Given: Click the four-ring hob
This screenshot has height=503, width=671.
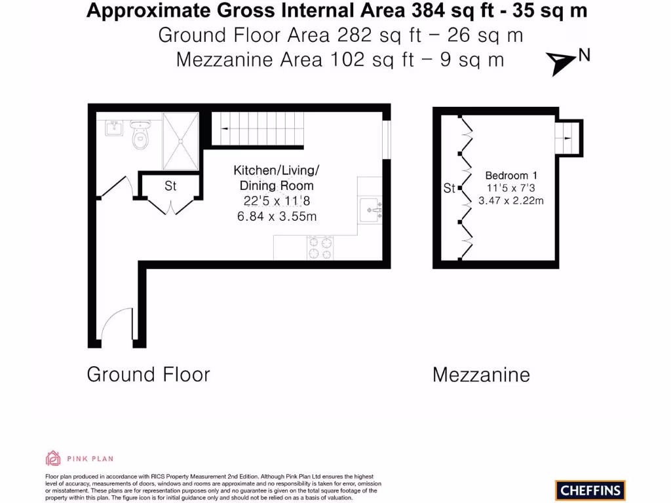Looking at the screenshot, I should (x=319, y=248).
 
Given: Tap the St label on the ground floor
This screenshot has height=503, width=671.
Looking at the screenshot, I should (x=170, y=187).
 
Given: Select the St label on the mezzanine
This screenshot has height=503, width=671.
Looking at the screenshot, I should (x=449, y=189).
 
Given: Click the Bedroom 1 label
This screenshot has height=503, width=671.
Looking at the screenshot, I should (x=511, y=176).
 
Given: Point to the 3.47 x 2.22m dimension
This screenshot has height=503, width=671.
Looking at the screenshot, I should (x=511, y=201).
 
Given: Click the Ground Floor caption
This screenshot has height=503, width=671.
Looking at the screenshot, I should (x=149, y=375).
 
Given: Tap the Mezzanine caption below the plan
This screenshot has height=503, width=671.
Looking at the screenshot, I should (x=481, y=375).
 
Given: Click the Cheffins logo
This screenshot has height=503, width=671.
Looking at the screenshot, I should (x=590, y=490).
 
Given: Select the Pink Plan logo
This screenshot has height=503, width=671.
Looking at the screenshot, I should (x=79, y=458).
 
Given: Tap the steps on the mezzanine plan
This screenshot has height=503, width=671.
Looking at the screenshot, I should (x=568, y=138).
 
